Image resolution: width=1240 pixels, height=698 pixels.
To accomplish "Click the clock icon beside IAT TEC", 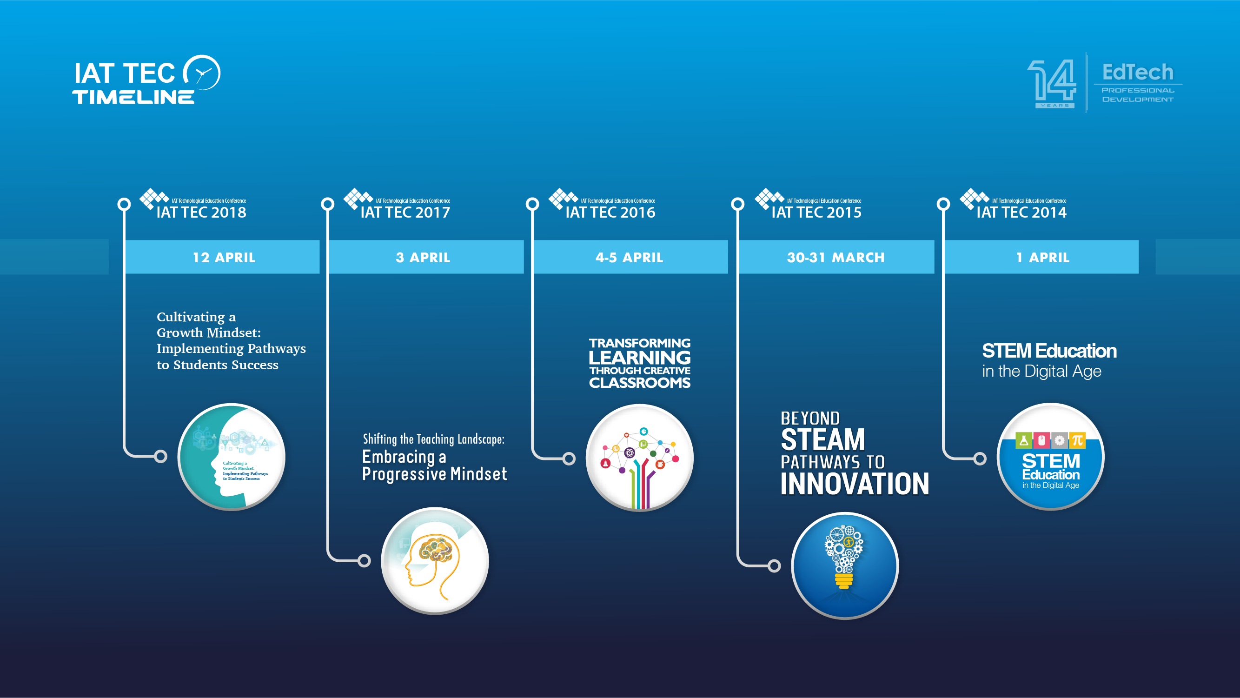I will coord(202,73).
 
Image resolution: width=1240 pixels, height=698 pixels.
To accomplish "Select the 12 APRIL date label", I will coord(224,258).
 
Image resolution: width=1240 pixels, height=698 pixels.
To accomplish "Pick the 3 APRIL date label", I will coord(423,258).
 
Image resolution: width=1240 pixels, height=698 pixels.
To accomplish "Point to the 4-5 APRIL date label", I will coord(629,258).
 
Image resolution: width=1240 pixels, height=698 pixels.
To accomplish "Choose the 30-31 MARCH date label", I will coord(835,258).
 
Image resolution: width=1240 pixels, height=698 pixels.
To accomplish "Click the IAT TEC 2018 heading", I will coord(201,213).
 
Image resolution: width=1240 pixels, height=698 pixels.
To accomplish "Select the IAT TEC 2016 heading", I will coord(610,213).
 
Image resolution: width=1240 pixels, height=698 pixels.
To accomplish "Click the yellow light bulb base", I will coord(844,580).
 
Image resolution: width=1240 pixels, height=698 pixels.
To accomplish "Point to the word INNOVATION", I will coord(855,484).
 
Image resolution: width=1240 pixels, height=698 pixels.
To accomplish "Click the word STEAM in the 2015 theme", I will coord(822,439).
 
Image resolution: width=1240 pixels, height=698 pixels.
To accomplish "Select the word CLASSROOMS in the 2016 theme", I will coord(639,383).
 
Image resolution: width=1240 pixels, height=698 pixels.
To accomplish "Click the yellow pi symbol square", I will coord(1077,440).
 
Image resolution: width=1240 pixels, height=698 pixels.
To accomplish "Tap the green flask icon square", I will coord(1023,440).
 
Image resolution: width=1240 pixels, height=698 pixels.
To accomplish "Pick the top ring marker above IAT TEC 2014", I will coord(943,204).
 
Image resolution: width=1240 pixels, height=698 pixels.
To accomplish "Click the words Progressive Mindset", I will coord(434,474).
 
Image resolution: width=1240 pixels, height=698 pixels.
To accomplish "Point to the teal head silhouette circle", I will coord(232,456).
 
